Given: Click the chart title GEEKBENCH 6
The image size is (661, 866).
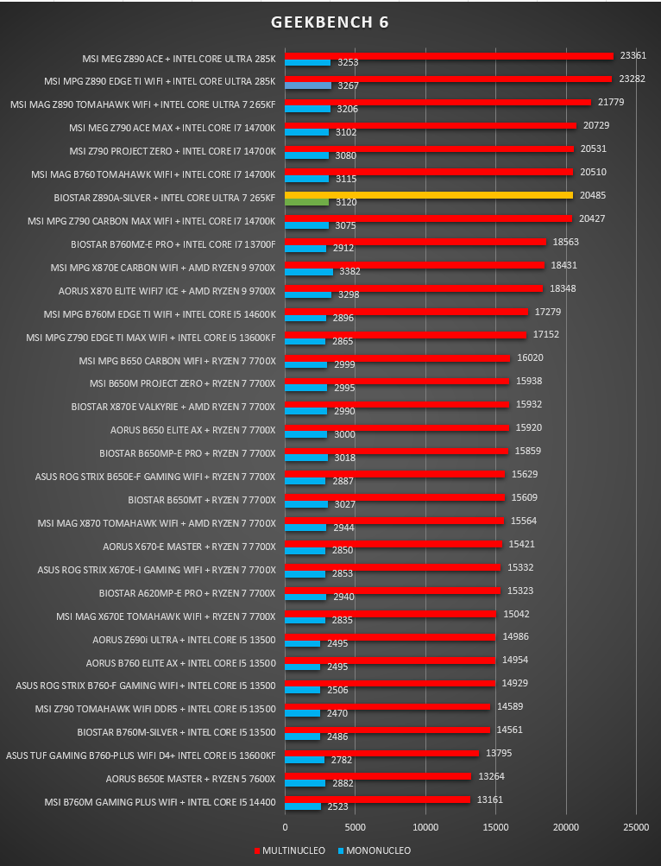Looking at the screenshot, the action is click(330, 22).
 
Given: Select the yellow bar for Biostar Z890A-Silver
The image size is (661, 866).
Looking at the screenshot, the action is click(429, 195).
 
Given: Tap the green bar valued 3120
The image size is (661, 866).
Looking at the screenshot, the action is click(307, 202).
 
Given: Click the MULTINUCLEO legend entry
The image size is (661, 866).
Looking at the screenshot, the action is click(290, 850).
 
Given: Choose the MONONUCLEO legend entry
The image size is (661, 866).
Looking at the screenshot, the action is click(375, 850).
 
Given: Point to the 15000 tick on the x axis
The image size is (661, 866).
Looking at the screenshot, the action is click(495, 827).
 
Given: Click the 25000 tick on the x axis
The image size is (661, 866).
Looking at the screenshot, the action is click(636, 827).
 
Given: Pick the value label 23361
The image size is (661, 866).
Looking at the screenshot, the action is click(633, 56).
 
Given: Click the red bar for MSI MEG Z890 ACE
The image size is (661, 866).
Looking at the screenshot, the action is click(450, 56).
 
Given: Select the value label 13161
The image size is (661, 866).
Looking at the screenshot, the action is click(490, 800).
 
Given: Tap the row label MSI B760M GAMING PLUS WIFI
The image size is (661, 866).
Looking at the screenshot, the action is click(111, 802).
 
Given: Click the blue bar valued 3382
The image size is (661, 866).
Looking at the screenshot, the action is click(309, 272).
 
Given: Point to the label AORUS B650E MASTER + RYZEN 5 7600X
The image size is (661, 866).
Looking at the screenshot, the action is click(191, 779).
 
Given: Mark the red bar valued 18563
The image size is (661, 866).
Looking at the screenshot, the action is click(415, 242).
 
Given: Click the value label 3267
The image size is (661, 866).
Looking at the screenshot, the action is click(348, 85).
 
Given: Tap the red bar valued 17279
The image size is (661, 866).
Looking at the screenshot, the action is click(406, 312).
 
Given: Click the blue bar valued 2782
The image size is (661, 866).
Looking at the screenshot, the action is click(305, 760).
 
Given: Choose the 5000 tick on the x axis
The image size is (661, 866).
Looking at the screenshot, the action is click(355, 827).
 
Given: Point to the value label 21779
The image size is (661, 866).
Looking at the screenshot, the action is click(611, 102).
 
